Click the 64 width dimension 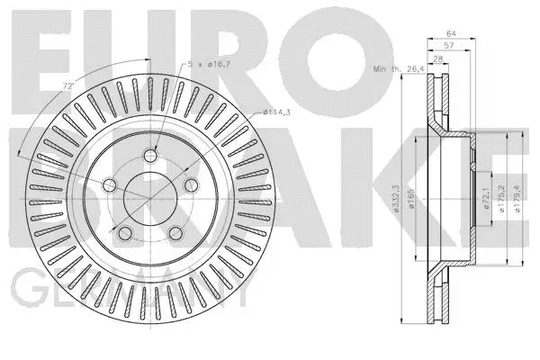(x=451, y=34)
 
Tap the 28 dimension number (x=438, y=59)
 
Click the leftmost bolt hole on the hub (x=110, y=185)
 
